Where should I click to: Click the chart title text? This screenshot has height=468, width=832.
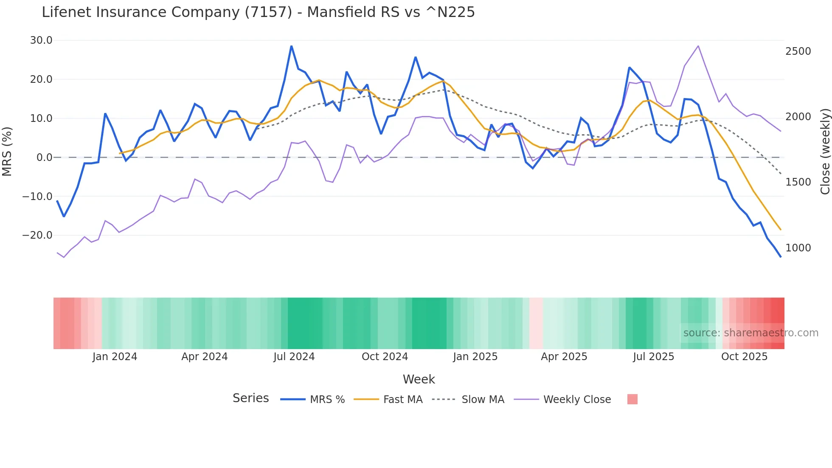258,12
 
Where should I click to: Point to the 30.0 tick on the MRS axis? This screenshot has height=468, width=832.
41,40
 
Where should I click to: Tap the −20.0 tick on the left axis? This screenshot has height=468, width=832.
37,235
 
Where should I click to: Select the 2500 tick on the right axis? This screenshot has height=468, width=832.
798,51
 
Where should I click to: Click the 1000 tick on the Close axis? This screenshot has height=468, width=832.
798,248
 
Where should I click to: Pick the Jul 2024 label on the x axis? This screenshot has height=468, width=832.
294,357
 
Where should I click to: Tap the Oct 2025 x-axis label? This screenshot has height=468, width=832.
744,357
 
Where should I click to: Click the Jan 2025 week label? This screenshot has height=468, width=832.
475,357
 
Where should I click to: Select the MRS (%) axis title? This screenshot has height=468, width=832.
7,151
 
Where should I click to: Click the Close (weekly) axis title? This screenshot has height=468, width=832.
825,151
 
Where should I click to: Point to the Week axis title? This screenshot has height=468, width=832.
419,379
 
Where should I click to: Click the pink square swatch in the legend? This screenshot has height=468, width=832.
632,399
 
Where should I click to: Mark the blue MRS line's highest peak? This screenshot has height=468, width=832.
291,46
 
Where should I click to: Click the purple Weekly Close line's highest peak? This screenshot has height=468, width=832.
698,46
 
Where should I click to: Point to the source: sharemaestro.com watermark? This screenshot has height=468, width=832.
750,333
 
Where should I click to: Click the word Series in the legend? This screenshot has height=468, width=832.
250,398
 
